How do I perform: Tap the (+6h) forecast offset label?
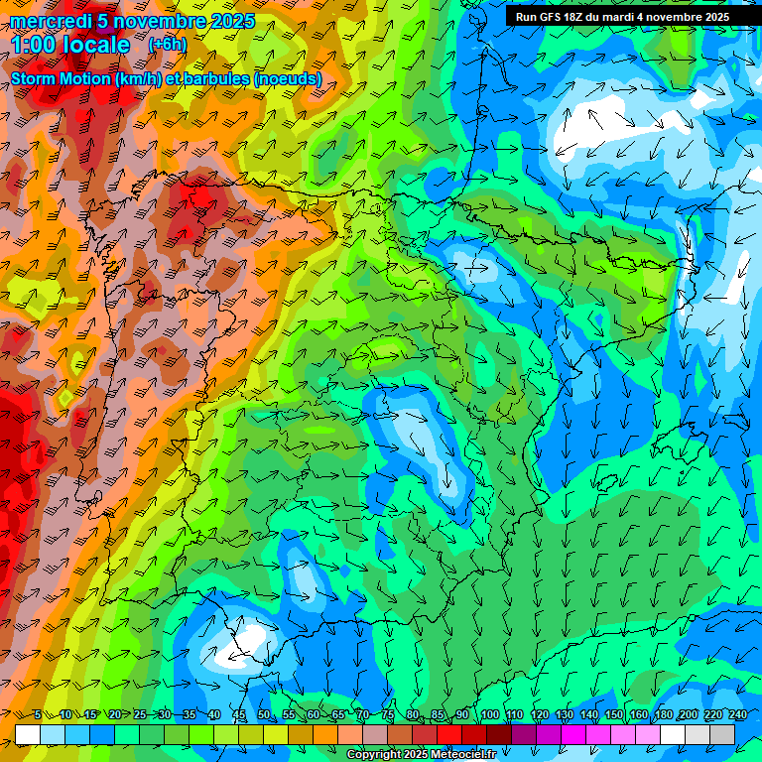point(166,45)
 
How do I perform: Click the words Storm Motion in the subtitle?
point(62,78)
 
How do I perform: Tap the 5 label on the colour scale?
point(38,714)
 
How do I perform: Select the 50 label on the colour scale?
point(263,714)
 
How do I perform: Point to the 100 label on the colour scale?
point(489,714)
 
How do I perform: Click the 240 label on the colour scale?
point(738,714)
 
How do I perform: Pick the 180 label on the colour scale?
point(663,714)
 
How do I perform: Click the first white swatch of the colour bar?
point(28,733)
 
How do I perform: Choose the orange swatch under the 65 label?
point(325,733)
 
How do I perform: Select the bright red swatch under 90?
point(449,733)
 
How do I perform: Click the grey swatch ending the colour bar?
point(722,733)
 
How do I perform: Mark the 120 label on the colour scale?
point(539,714)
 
